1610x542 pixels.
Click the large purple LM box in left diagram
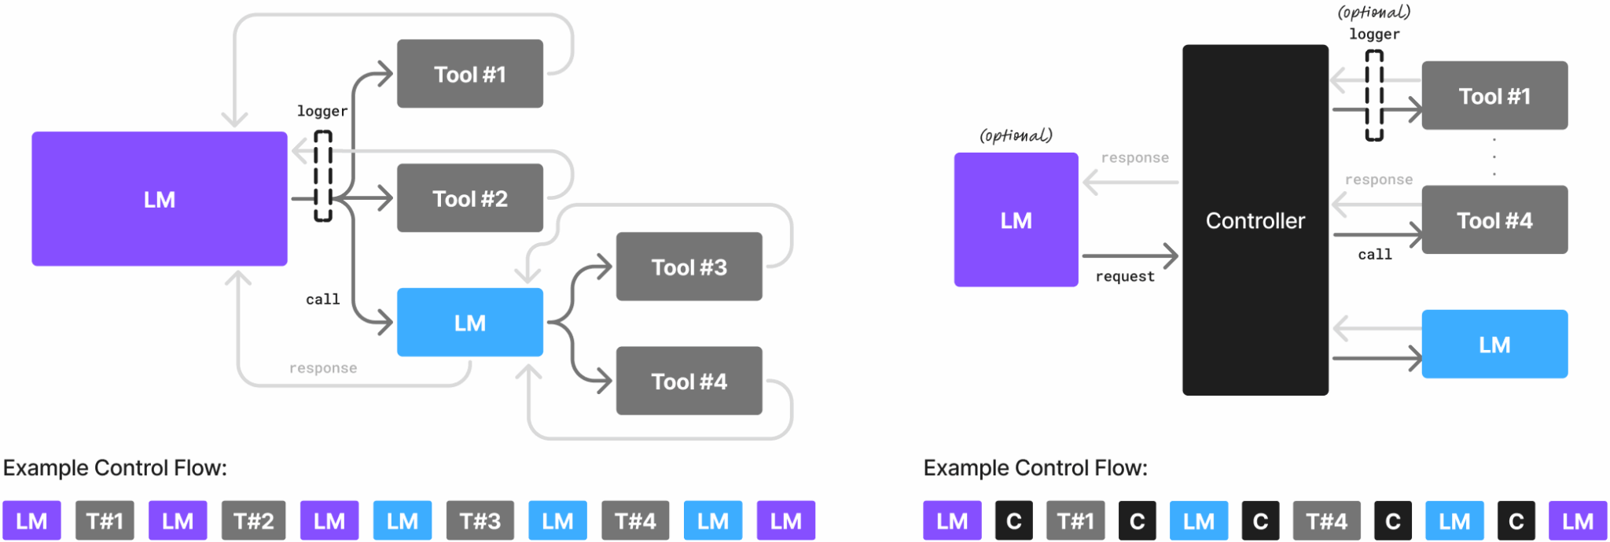tap(159, 199)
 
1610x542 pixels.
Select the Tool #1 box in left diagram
tap(469, 74)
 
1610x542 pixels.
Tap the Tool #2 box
tap(469, 198)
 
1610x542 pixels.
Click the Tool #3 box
tap(689, 267)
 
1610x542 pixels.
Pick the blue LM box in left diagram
tap(469, 323)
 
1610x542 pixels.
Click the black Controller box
tap(1255, 220)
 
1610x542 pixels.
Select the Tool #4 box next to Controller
tap(1494, 220)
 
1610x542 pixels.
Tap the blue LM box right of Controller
tap(1494, 345)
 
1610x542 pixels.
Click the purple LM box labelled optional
tap(1016, 220)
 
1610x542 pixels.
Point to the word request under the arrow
tap(1125, 277)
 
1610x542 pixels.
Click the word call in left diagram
tap(322, 300)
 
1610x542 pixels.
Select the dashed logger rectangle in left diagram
tap(323, 176)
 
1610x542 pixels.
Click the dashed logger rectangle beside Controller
tap(1373, 96)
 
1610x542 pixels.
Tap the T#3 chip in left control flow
tap(480, 521)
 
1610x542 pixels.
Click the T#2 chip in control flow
tap(253, 521)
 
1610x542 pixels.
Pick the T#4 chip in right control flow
tap(1326, 521)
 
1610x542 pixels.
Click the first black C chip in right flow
tap(1013, 521)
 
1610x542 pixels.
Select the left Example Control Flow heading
tap(115, 468)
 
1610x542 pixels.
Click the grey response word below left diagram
tap(322, 368)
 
